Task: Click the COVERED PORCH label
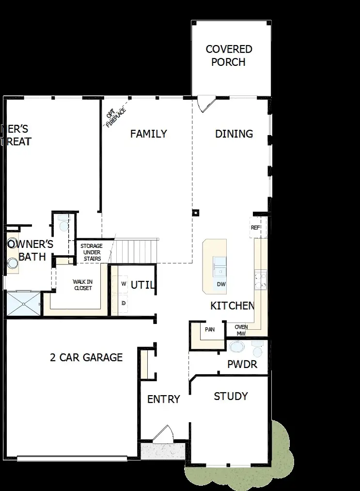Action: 229,56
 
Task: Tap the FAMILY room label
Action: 148,134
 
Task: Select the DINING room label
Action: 234,134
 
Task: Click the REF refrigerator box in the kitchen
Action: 255,228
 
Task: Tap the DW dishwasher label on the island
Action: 221,284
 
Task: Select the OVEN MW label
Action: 241,330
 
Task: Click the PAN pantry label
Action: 210,330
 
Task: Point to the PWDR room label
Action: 242,364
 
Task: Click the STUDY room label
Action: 231,397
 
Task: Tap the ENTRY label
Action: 163,399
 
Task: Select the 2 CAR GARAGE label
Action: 86,358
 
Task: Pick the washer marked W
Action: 124,284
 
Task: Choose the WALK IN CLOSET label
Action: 82,285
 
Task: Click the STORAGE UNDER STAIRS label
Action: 91,252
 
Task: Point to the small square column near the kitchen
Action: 195,212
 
